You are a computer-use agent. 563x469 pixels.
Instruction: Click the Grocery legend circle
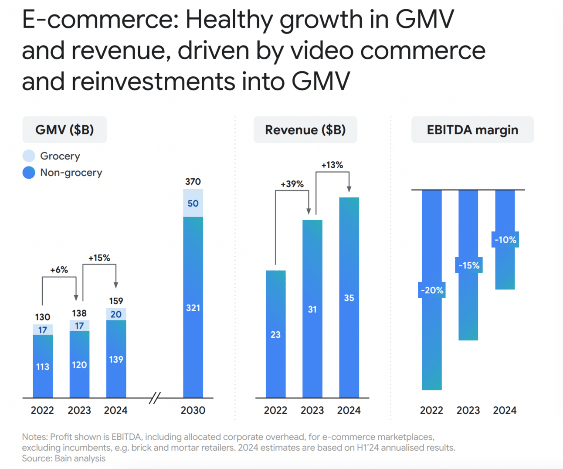29,156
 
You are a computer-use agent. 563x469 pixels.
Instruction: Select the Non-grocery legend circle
29,173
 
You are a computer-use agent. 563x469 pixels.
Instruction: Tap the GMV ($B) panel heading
64,130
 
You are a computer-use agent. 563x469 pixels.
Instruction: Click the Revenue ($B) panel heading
305,130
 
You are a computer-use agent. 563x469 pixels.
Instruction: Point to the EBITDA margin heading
472,130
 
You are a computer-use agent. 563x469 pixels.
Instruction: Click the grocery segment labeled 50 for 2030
193,204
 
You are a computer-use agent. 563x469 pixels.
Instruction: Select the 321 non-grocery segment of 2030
193,308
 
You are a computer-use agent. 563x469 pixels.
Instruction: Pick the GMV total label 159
116,301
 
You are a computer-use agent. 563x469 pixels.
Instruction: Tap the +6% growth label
59,270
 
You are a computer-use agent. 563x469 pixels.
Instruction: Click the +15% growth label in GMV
99,258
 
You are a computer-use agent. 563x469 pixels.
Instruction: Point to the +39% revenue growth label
292,184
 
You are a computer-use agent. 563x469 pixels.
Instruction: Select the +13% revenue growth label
332,165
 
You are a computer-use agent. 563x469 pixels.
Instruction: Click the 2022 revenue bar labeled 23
275,334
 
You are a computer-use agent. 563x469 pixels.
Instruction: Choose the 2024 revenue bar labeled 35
349,298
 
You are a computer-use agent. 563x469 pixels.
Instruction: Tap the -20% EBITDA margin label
432,290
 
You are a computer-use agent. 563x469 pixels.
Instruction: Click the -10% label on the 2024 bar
505,240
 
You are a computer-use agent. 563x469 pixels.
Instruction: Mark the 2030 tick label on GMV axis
193,410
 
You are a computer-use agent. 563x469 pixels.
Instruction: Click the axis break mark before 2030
155,398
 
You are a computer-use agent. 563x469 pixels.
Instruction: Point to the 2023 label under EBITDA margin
468,410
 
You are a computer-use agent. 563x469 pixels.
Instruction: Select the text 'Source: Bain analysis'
64,458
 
